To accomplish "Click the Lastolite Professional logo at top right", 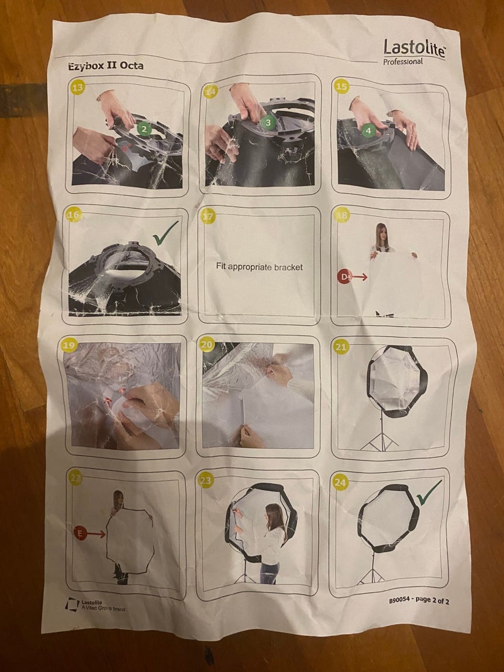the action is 414,51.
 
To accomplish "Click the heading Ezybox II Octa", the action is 106,66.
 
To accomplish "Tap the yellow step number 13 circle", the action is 78,87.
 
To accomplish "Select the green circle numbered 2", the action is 144,129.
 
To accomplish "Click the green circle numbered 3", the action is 268,122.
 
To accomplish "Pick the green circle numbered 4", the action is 369,131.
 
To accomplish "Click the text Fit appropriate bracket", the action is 259,267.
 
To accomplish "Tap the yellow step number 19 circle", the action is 69,345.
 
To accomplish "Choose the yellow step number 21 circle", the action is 341,347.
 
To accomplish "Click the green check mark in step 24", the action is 429,492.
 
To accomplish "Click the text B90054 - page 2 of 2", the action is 419,601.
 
